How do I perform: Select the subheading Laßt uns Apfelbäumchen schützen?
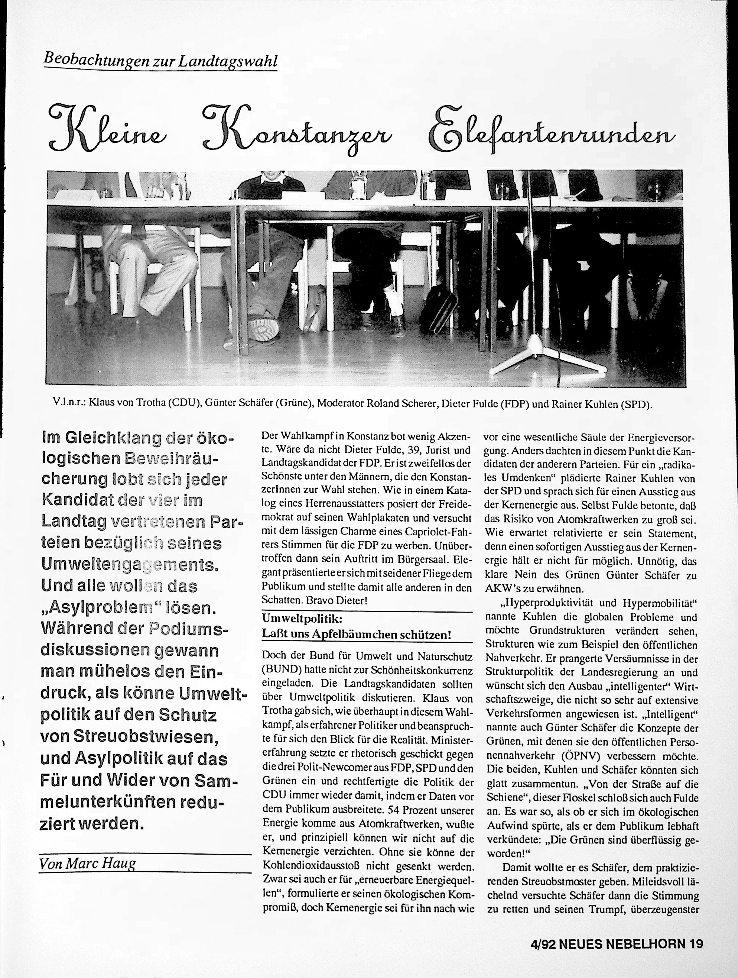coord(357,635)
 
